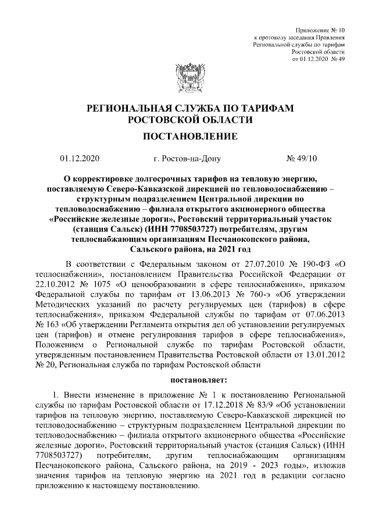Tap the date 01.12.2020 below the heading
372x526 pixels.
[80, 158]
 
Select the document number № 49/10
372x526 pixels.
[302, 158]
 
